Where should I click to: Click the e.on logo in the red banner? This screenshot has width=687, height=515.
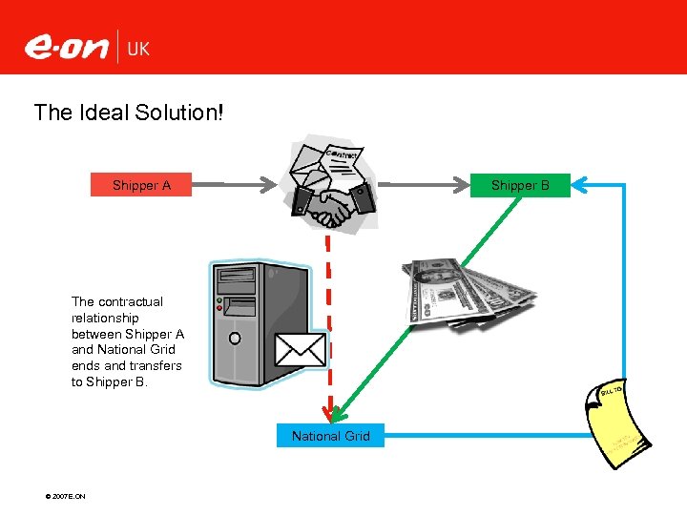point(66,46)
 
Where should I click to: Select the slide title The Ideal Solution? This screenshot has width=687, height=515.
point(129,113)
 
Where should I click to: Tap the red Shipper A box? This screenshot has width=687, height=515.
point(141,185)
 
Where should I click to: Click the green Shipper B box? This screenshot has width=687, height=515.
point(520,185)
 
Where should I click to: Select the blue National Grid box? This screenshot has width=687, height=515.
point(330,436)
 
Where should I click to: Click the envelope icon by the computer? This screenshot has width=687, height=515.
point(301,349)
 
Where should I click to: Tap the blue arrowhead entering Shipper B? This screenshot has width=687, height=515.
point(576,185)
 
